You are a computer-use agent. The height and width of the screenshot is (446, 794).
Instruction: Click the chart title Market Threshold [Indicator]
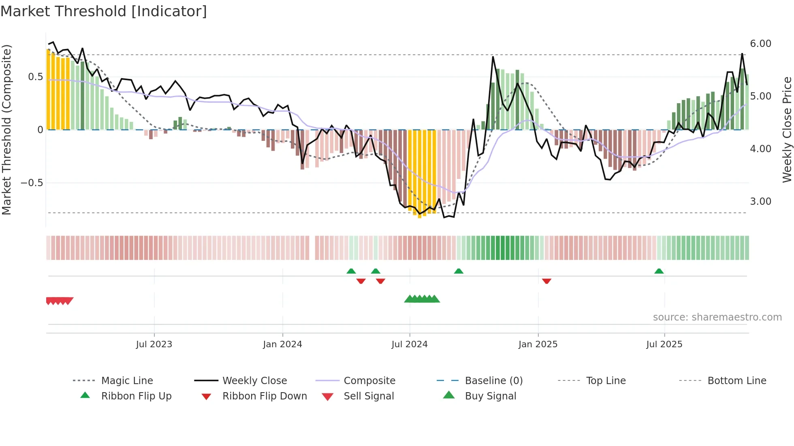coord(104,11)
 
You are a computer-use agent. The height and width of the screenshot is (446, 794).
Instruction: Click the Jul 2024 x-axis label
coord(410,344)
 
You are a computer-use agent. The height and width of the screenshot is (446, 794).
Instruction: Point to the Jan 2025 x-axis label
coord(538,344)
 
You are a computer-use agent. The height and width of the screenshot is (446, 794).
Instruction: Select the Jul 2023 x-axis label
coord(154,344)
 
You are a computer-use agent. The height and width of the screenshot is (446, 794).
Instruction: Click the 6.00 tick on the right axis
coord(760,44)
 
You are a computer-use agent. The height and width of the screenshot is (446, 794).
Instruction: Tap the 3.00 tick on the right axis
coord(760,202)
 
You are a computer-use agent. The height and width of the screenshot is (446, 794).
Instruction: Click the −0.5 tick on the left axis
coord(32,183)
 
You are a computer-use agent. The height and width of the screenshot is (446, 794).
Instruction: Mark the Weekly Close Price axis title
coord(787,130)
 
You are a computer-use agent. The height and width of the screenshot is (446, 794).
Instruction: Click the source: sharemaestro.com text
coord(717,317)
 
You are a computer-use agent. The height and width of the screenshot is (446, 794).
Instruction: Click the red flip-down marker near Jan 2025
coord(546,281)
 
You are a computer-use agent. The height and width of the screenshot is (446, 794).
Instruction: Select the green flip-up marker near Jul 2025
coord(659,271)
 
